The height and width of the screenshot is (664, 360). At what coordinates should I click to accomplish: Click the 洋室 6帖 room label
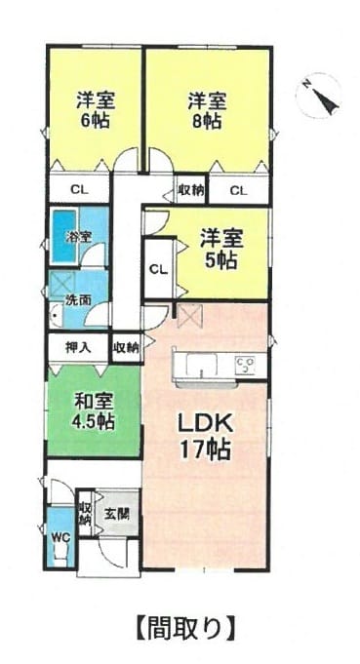pyautogui.click(x=96, y=110)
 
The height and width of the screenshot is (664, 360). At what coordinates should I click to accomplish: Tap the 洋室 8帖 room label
pyautogui.click(x=207, y=110)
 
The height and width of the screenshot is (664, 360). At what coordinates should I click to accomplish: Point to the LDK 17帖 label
pyautogui.click(x=205, y=436)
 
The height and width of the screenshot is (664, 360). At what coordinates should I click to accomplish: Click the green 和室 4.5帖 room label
pyautogui.click(x=94, y=410)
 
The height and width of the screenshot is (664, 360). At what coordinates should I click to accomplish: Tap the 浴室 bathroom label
pyautogui.click(x=78, y=237)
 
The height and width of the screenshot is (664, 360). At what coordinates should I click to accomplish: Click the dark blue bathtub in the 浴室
pyautogui.click(x=63, y=236)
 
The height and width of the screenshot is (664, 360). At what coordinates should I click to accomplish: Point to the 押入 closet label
pyautogui.click(x=78, y=347)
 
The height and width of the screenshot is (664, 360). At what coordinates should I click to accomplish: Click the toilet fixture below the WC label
pyautogui.click(x=60, y=555)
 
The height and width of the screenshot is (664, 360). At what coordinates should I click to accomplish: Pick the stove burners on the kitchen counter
pyautogui.click(x=245, y=365)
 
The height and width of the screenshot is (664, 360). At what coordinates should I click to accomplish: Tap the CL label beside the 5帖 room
pyautogui.click(x=159, y=269)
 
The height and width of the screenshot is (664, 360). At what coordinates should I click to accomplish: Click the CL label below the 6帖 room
pyautogui.click(x=80, y=190)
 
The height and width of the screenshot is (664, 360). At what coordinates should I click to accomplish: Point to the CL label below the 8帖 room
pyautogui.click(x=239, y=191)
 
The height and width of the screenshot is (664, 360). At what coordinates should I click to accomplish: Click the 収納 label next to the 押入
pyautogui.click(x=126, y=348)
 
